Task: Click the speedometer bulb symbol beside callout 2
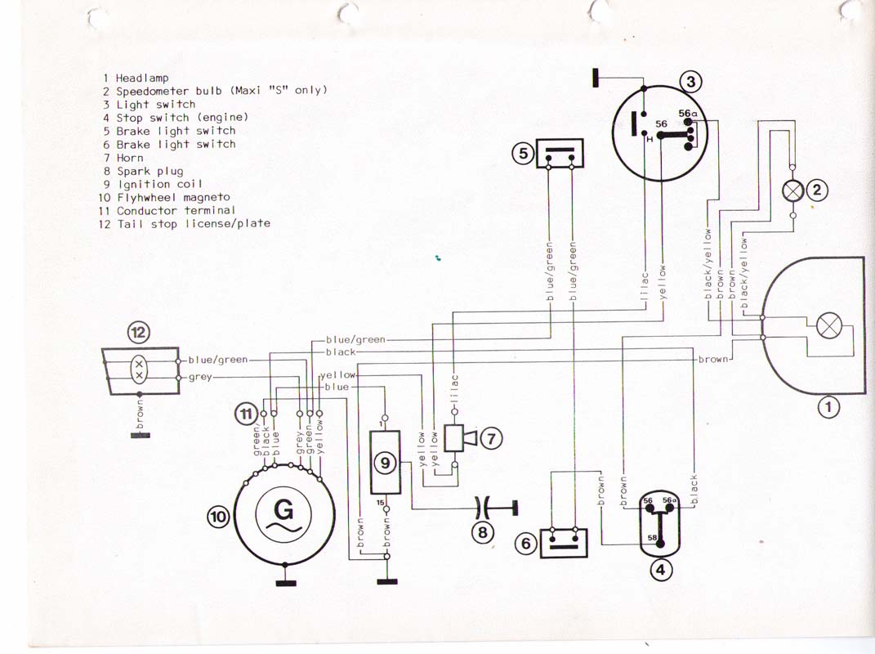point(793,190)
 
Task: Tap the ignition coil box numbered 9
point(385,464)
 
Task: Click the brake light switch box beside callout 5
point(560,155)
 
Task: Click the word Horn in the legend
point(130,158)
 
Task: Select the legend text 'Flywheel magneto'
point(173,197)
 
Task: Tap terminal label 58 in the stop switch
point(653,537)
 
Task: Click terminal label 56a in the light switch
point(687,114)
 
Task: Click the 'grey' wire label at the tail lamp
point(200,377)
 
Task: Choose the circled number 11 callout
point(245,414)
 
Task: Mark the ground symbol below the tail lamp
point(140,435)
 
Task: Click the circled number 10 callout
point(218,517)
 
